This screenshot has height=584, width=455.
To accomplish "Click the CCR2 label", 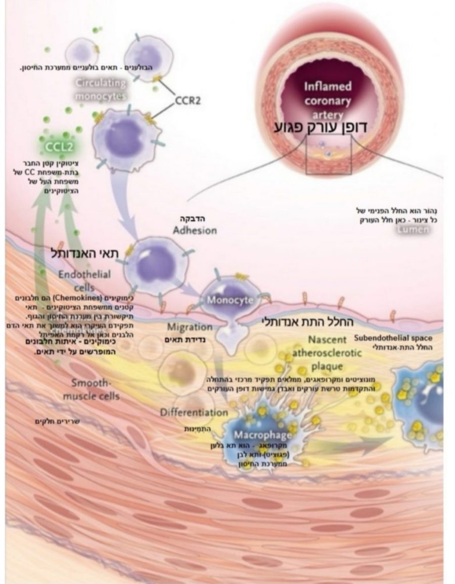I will click(x=188, y=100).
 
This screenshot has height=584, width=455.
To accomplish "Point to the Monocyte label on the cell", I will click(x=229, y=300).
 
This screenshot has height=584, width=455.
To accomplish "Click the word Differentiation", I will click(x=194, y=412).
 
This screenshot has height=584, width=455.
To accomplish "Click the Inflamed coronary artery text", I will click(x=328, y=101).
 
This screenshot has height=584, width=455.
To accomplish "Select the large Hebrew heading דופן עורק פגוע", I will click(x=328, y=127).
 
